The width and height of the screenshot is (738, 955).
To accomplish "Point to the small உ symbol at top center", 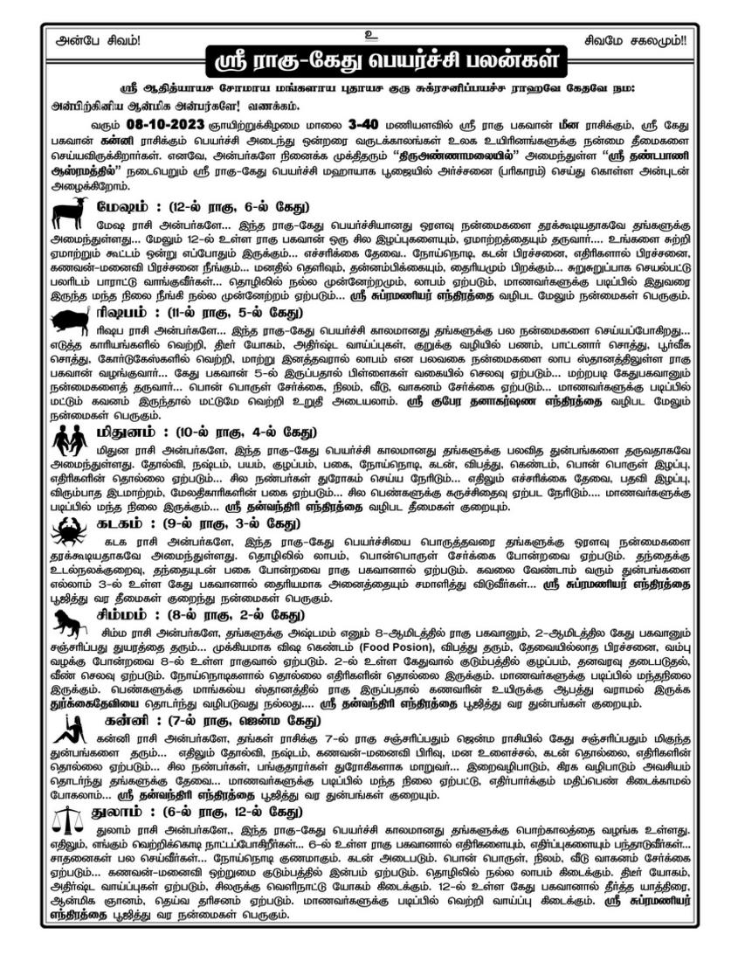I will click(x=369, y=35).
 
